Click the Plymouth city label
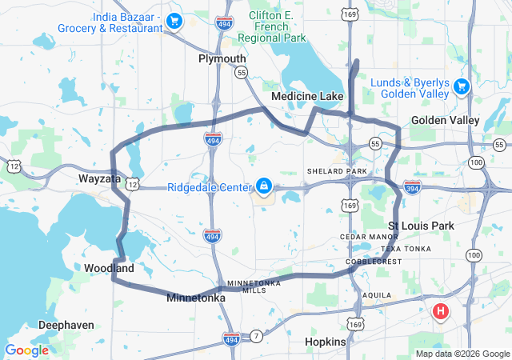click(222, 58)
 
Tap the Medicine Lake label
click(307, 96)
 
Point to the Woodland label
click(109, 268)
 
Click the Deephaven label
click(66, 326)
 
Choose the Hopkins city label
click(326, 342)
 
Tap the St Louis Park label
click(421, 226)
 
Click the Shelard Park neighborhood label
click(337, 171)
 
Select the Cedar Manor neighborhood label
click(369, 237)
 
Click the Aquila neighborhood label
click(377, 294)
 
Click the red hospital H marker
click(440, 311)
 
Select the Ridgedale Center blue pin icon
click(263, 187)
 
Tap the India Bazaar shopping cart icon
click(174, 21)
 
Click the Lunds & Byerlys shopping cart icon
click(461, 86)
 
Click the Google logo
click(27, 350)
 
